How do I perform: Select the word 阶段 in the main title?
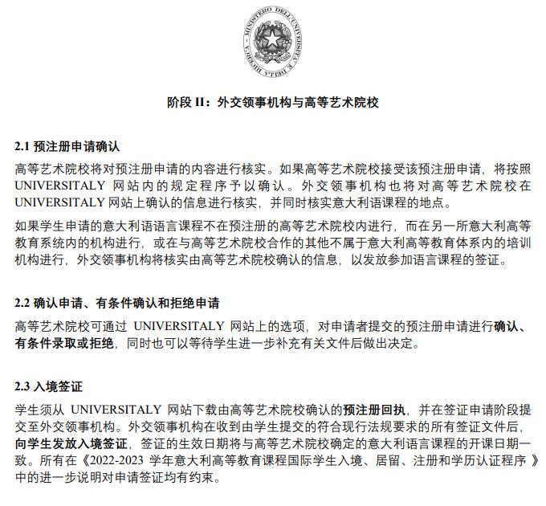178,103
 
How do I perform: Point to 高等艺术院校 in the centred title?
341,103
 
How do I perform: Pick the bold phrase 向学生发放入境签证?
71,443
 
